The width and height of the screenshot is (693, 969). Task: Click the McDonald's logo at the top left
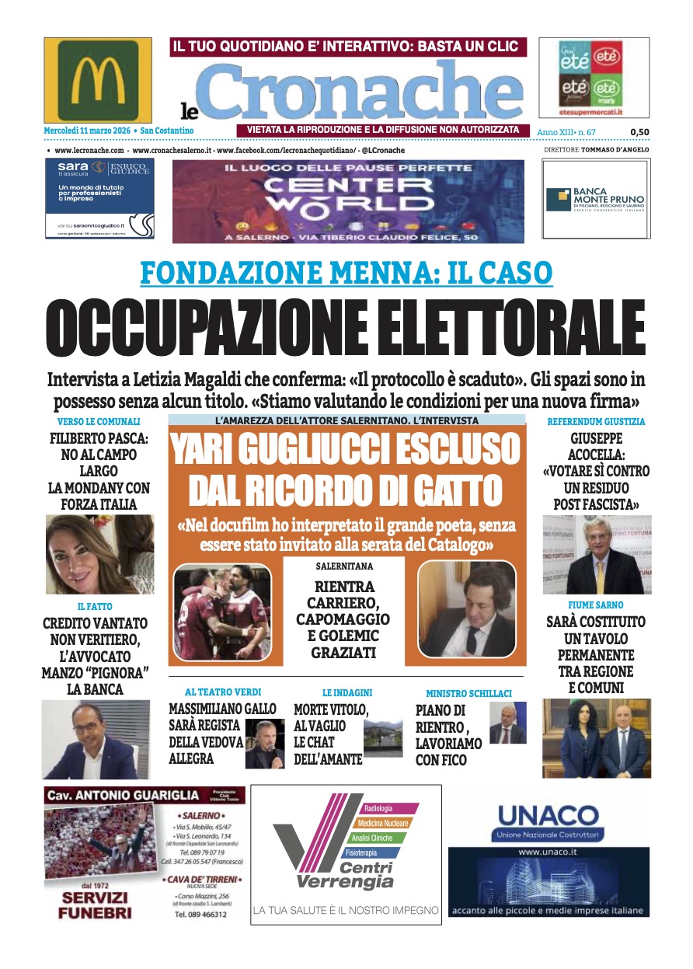pyautogui.click(x=98, y=80)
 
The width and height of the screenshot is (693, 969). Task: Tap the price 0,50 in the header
pyautogui.click(x=639, y=131)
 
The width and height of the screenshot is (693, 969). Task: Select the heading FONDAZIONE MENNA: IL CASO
pyautogui.click(x=346, y=273)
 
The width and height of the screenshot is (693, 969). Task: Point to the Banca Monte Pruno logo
pyautogui.click(x=595, y=200)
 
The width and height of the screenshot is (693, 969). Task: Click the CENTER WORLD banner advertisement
pyautogui.click(x=347, y=200)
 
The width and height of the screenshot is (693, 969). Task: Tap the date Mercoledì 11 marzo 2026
pyautogui.click(x=88, y=131)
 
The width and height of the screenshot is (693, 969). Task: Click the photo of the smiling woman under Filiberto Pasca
pyautogui.click(x=99, y=553)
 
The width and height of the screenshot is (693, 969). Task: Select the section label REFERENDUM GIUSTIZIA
pyautogui.click(x=596, y=421)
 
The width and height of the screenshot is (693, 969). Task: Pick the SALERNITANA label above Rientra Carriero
pyautogui.click(x=344, y=566)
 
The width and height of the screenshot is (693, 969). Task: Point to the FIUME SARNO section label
pyautogui.click(x=596, y=605)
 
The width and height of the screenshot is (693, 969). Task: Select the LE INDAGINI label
pyautogui.click(x=347, y=692)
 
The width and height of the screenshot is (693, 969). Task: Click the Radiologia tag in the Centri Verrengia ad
pyautogui.click(x=378, y=808)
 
